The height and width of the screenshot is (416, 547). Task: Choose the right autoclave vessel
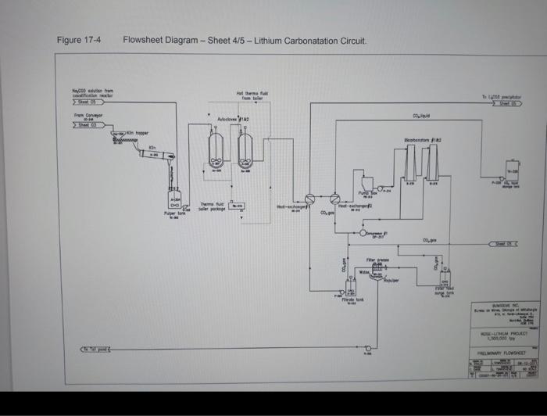point(246,146)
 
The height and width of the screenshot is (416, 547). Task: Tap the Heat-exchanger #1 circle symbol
point(309,199)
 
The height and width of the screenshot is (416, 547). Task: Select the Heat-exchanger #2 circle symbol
point(335,199)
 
